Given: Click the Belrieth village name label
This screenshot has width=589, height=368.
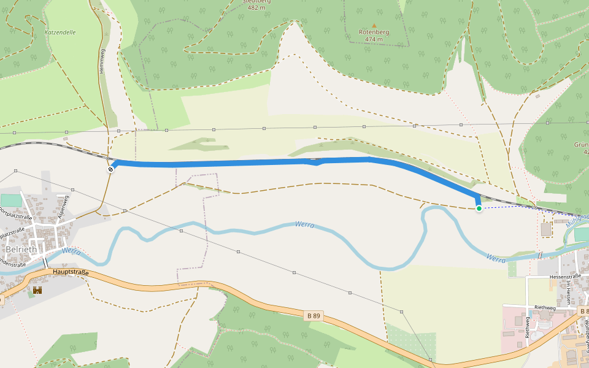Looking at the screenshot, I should [21, 250].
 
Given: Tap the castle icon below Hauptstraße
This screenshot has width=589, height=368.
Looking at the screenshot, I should [37, 289].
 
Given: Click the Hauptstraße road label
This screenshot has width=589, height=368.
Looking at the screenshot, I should [71, 272].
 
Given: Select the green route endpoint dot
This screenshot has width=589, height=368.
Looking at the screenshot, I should [479, 209].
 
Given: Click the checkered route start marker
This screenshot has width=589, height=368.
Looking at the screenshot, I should [110, 169].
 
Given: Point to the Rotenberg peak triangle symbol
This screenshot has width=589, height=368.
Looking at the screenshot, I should [374, 25].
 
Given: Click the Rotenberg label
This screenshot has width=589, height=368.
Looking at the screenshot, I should [374, 32].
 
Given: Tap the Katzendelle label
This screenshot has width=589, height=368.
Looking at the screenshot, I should [60, 32].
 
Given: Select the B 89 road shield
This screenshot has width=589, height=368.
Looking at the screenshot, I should [313, 316].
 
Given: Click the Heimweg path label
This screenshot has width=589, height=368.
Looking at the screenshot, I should [102, 61].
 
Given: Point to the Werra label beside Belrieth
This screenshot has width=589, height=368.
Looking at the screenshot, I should [72, 251].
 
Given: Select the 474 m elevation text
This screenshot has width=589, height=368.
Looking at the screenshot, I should [374, 39].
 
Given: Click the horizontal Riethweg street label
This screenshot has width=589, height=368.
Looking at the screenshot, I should [545, 308].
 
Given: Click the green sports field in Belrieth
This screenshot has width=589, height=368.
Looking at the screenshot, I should [10, 200].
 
